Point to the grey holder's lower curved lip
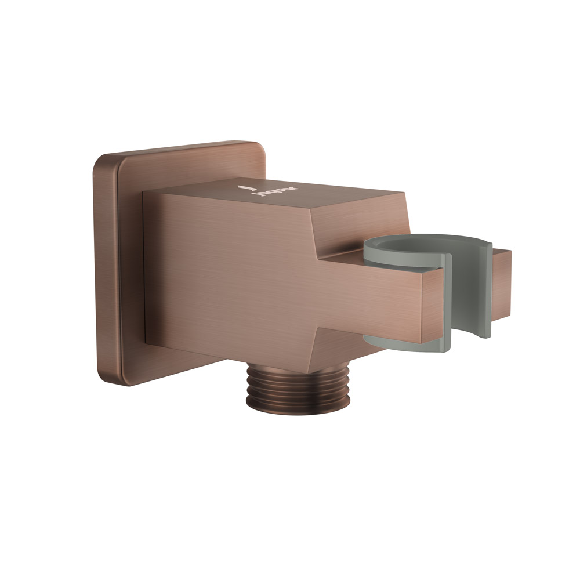[x=406, y=345]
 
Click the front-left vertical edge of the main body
[x=144, y=267]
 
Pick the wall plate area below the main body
[x=174, y=368]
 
